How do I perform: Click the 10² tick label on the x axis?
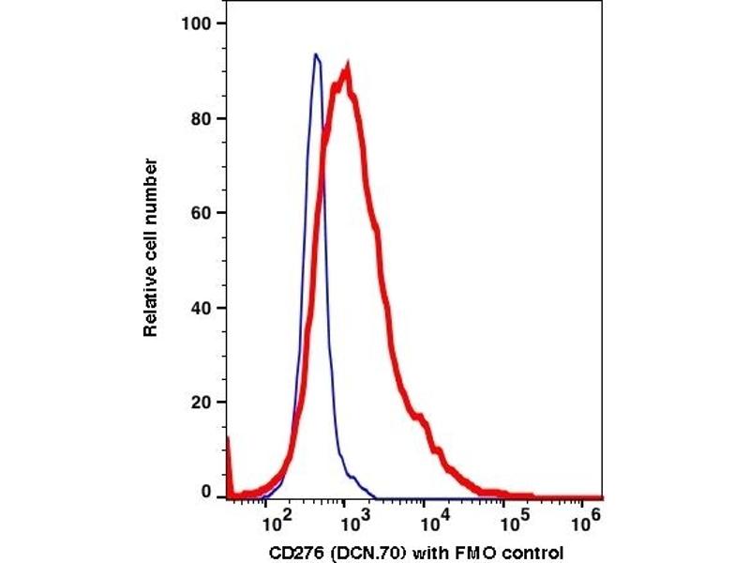[x=275, y=515]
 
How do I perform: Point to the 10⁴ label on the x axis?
[x=428, y=515]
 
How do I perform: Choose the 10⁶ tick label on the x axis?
[x=585, y=515]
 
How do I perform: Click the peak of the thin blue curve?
[x=317, y=54]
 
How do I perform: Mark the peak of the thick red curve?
[x=348, y=68]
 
